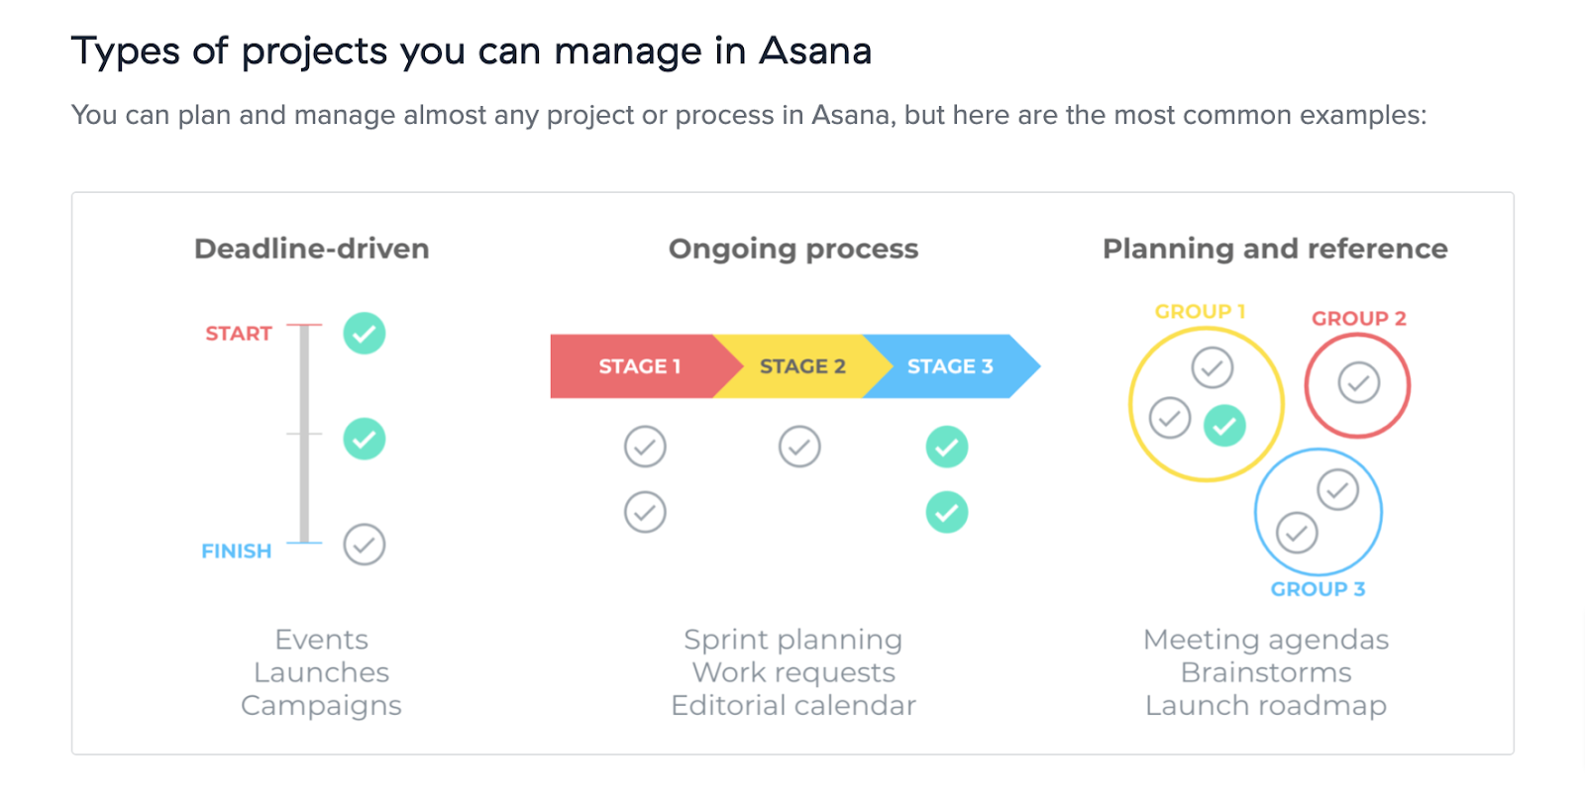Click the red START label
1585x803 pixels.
(238, 334)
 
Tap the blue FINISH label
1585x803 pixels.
(236, 552)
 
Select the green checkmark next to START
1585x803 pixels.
(365, 334)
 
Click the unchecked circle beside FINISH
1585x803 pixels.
(365, 545)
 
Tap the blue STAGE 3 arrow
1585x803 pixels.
(950, 366)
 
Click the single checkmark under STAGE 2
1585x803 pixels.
(799, 447)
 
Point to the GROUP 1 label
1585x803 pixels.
(1200, 312)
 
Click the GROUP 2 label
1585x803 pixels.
(1358, 319)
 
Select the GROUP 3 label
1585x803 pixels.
(1318, 589)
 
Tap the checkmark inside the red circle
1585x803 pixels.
(1358, 383)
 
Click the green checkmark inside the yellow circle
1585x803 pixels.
(1225, 426)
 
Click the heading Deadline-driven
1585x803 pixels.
(312, 249)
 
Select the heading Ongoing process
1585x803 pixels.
(793, 249)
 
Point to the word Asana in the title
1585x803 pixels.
(815, 51)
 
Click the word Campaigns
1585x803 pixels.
(321, 706)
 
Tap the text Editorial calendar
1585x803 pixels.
(793, 706)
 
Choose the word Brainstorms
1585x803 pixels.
(1266, 673)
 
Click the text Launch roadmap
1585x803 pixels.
(1266, 706)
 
